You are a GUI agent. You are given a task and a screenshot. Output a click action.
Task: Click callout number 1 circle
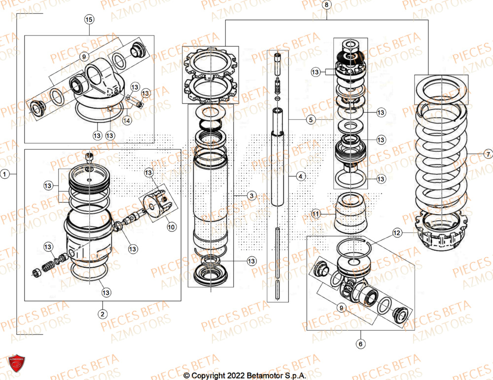pyautogui.click(x=5, y=174)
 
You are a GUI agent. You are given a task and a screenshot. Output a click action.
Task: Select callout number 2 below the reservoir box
pyautogui.click(x=103, y=314)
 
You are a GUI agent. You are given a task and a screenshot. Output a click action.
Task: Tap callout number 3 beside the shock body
pyautogui.click(x=251, y=196)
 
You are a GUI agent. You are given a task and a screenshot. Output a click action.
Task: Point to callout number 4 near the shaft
pyautogui.click(x=300, y=175)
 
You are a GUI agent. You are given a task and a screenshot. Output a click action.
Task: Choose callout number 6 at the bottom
pyautogui.click(x=360, y=343)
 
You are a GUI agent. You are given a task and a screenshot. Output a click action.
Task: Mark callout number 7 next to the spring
pyautogui.click(x=487, y=154)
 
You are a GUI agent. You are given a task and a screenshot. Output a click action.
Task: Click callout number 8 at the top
pyautogui.click(x=326, y=5)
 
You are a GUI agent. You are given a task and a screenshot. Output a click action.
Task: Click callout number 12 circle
pyautogui.click(x=397, y=231)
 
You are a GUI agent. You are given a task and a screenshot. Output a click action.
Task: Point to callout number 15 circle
pyautogui.click(x=89, y=20)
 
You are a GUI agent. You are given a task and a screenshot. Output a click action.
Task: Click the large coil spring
pyautogui.click(x=441, y=148)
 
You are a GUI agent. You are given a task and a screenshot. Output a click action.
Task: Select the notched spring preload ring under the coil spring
pyautogui.click(x=442, y=230)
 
